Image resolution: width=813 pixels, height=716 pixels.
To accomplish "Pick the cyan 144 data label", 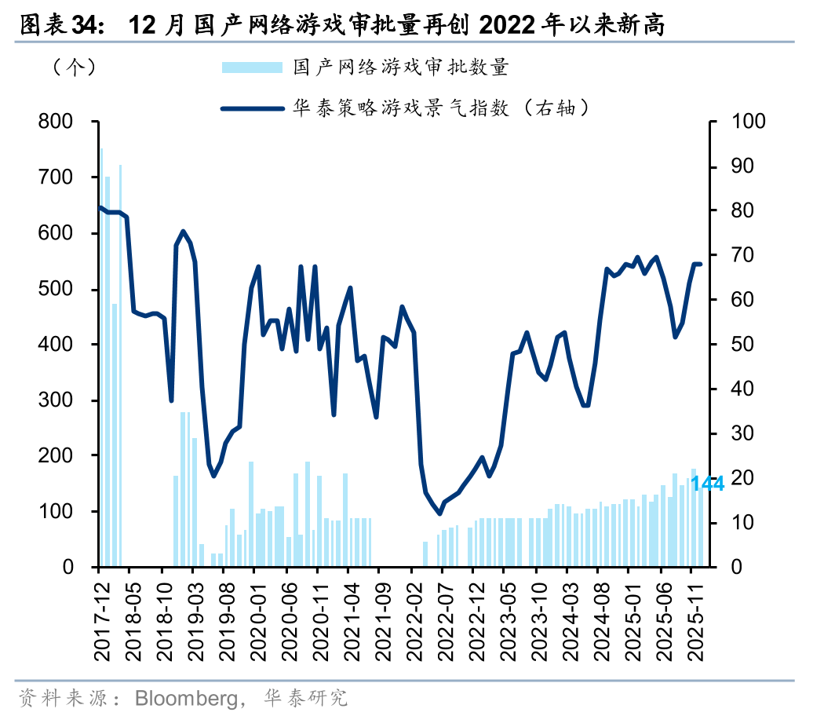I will [x=707, y=484].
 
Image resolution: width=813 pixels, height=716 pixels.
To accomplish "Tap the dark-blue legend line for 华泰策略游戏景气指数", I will [x=251, y=108].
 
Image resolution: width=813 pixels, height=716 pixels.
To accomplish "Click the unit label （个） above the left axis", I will [x=75, y=68].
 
